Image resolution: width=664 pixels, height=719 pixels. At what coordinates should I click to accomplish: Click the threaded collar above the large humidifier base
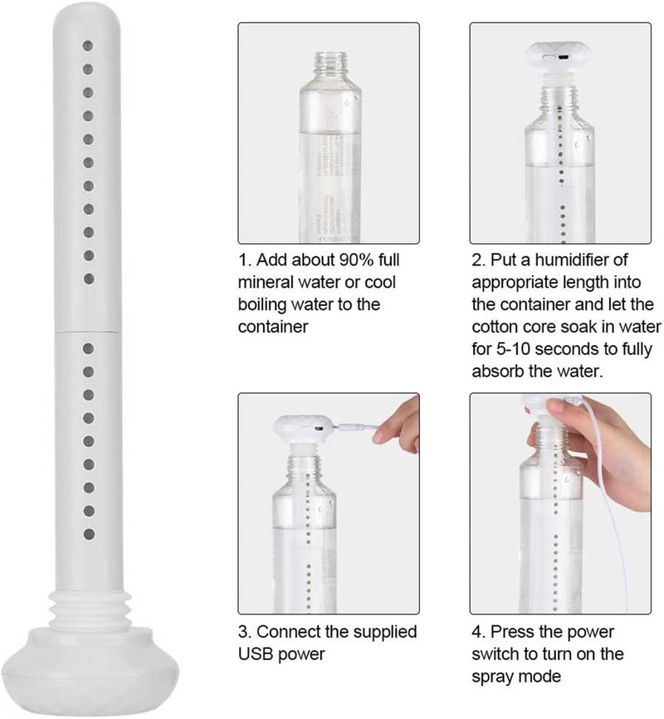pyautogui.click(x=90, y=610)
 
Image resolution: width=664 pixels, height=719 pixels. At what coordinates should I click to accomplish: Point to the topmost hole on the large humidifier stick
pyautogui.click(x=88, y=46)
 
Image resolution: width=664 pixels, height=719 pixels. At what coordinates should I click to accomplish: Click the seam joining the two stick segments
pyautogui.click(x=87, y=330)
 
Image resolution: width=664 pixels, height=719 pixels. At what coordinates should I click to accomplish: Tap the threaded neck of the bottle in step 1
pyautogui.click(x=330, y=65)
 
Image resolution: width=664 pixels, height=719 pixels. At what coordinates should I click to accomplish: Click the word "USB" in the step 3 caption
pyautogui.click(x=255, y=654)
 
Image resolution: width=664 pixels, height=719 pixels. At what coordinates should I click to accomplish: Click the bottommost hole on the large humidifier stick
pyautogui.click(x=89, y=534)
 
